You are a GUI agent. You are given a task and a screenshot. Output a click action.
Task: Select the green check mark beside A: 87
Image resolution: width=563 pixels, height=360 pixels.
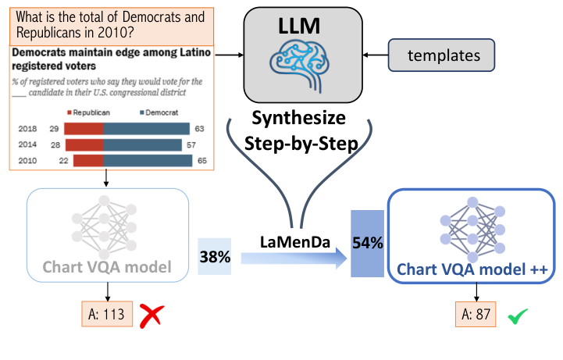coord(517,316)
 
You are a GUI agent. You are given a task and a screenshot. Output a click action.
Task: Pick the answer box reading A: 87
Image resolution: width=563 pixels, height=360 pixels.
coord(476,315)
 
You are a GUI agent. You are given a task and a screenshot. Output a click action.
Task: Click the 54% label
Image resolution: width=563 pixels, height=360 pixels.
coord(367,243)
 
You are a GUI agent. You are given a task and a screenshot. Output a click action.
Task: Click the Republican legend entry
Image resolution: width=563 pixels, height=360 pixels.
coord(92,111)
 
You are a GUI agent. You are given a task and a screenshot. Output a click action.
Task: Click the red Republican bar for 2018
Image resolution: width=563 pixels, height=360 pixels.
coord(83,128)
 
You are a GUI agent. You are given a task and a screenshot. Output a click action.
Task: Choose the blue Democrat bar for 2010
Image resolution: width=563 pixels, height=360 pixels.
coord(148,160)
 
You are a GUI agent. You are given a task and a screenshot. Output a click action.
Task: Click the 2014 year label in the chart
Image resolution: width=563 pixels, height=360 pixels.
coord(29,144)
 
